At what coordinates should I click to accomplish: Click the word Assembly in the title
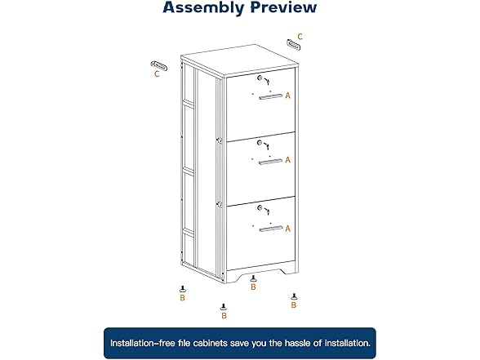click(202, 8)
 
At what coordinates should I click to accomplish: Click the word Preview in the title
click(280, 8)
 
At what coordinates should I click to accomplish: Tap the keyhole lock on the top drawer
click(260, 79)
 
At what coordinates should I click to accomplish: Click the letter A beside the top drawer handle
click(287, 96)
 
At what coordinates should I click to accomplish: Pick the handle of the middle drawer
click(270, 161)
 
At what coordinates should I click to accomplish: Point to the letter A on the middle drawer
click(287, 160)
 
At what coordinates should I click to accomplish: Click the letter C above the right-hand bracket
click(300, 36)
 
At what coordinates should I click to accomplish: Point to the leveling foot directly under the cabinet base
click(253, 277)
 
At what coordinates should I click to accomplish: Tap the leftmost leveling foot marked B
click(183, 289)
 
